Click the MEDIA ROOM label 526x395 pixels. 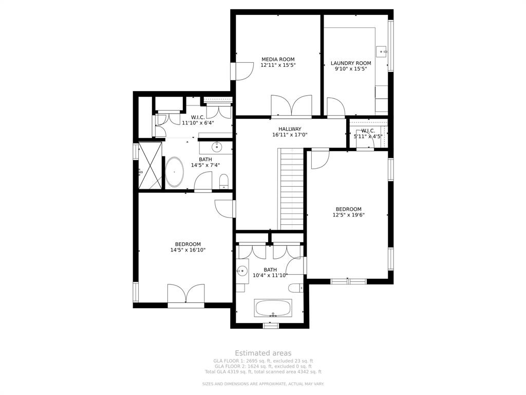[278, 59]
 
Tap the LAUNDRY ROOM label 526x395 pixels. [350, 63]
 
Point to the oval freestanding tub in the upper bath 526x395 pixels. [175, 172]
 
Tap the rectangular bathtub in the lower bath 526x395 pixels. [273, 309]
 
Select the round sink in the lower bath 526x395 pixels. [241, 271]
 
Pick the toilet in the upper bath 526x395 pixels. [224, 181]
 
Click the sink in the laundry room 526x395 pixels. [381, 51]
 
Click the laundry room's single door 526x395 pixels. [335, 107]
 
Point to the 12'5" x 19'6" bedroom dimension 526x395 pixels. [348, 216]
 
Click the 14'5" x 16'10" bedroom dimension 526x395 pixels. [187, 250]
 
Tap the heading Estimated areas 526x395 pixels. [263, 353]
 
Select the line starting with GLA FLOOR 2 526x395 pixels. [263, 366]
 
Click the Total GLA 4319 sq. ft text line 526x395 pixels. [263, 371]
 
